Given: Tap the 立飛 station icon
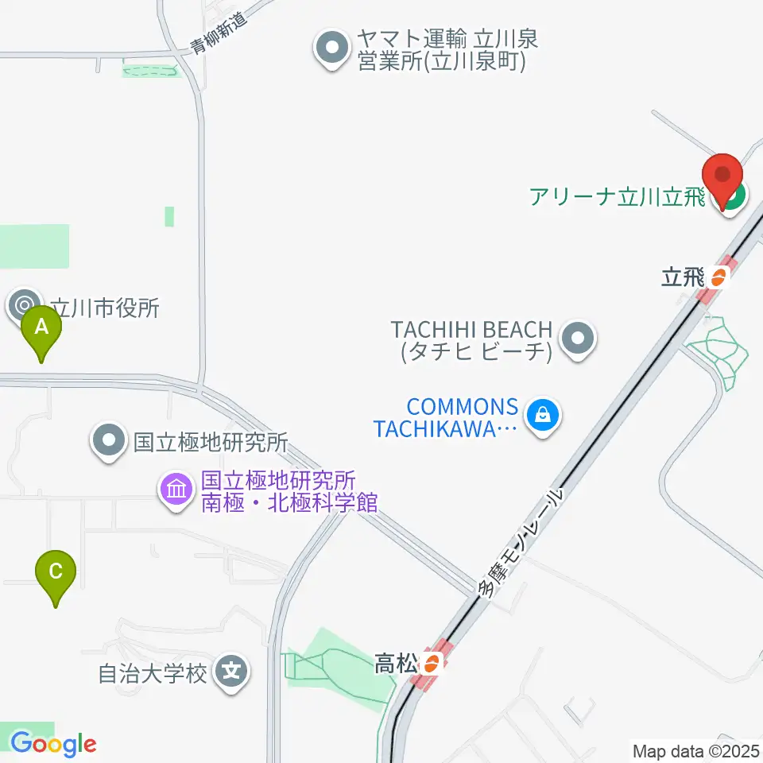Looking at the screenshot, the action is click(718, 277).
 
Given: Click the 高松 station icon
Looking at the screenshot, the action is click(432, 662).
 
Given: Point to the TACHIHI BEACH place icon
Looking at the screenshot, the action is click(579, 339).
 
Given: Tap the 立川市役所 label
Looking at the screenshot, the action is click(105, 308).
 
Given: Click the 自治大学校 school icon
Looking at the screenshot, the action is click(232, 674).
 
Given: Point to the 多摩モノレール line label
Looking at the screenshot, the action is click(520, 543).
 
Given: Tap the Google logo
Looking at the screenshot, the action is click(53, 744).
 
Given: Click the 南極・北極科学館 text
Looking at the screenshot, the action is click(288, 502).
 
